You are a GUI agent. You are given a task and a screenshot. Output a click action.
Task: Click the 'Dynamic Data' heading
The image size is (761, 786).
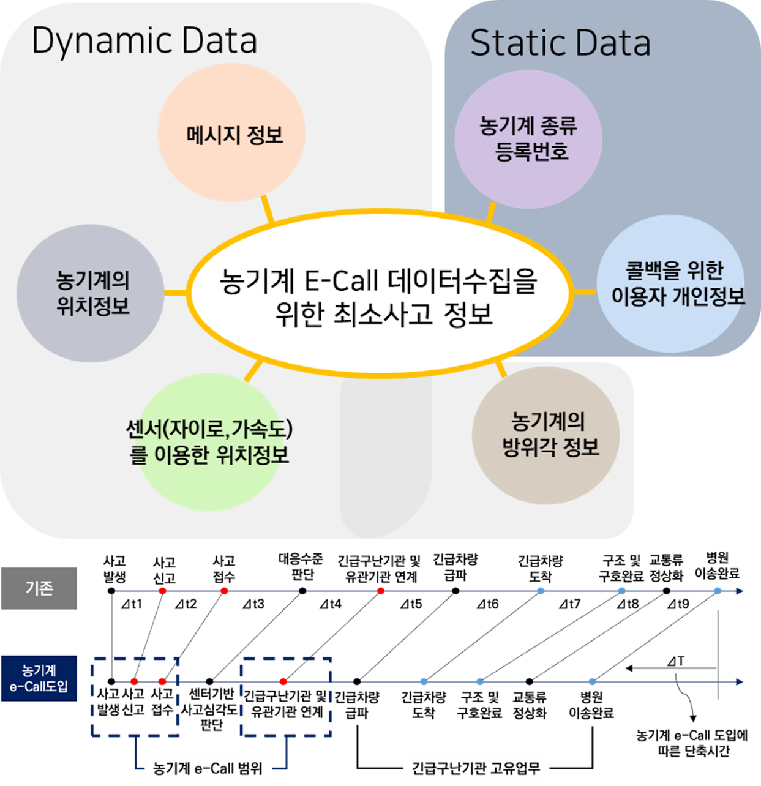[144, 42]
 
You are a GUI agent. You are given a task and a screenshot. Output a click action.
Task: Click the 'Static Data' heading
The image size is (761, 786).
[560, 43]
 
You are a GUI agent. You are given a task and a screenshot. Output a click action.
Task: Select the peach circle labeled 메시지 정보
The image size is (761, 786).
[232, 133]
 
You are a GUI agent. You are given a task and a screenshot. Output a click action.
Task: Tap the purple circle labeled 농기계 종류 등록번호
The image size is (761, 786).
[528, 139]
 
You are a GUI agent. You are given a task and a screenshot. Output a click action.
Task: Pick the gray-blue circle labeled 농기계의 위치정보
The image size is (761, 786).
[91, 293]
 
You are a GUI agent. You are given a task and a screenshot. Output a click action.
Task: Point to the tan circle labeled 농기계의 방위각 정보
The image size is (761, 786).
[546, 435]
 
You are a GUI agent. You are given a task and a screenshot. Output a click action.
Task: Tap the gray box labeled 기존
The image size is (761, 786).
[40, 588]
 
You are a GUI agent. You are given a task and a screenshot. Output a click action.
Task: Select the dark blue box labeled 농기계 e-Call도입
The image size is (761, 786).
[40, 679]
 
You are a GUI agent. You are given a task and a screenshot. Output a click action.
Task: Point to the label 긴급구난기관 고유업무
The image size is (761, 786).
[476, 768]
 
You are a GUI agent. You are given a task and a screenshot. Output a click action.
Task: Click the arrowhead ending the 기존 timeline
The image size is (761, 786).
[740, 591]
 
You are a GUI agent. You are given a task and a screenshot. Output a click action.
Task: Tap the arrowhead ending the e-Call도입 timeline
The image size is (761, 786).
[740, 682]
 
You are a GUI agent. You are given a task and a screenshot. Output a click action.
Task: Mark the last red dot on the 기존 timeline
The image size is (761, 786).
[381, 591]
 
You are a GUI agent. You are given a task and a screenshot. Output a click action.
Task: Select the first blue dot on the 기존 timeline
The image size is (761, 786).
[541, 591]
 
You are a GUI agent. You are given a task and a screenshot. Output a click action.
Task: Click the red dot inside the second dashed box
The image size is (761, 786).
[283, 681]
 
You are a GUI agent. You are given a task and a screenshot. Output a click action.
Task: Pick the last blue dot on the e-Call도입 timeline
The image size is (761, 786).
[592, 681]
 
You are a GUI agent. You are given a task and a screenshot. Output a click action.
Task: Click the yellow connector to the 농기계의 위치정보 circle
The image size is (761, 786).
[176, 293]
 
